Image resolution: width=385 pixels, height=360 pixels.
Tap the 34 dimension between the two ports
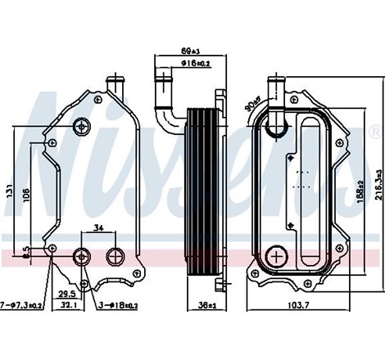click(98, 228)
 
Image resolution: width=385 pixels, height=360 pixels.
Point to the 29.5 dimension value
click(66, 294)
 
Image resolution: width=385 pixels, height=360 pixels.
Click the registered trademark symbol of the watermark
click(376, 131)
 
